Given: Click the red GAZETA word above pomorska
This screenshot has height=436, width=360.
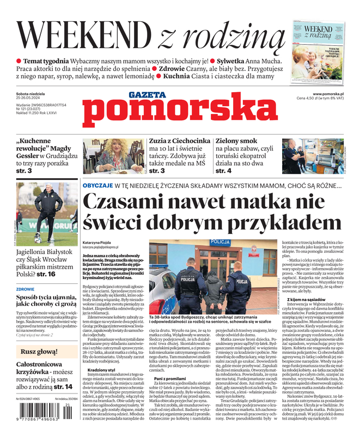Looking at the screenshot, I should pos(147,95).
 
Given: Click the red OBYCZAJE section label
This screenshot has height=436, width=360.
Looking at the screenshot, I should pos(97,186).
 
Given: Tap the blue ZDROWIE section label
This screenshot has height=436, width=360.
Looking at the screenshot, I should pos(26,289).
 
